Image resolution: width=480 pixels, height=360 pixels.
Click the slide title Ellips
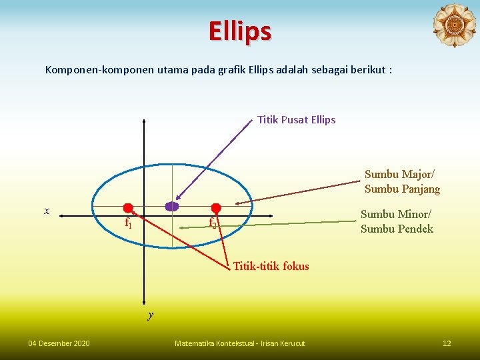pos(239,31)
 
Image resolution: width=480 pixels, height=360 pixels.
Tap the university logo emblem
pos(454,26)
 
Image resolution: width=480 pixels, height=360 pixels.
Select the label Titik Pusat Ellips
pos(296,120)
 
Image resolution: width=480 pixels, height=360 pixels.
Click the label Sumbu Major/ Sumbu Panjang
pos(402,181)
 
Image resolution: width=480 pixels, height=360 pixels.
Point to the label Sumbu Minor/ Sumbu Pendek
pos(397,221)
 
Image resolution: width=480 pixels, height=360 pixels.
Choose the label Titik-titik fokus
pos(271,266)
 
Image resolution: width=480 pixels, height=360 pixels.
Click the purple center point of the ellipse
pos(172,207)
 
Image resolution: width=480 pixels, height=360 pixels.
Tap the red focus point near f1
pos(128,208)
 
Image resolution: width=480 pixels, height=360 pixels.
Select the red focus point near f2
pos(215,208)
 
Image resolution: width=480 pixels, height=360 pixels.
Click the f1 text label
pos(129,223)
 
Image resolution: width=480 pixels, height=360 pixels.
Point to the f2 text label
pos(213,223)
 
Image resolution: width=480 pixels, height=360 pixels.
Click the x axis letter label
pos(47,211)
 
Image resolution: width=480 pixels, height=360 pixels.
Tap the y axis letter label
pos(151,315)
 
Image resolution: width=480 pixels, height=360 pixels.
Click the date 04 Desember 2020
pos(59,343)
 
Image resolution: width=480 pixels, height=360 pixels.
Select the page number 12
pos(447,343)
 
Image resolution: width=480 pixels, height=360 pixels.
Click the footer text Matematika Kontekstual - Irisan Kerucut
pos(239,343)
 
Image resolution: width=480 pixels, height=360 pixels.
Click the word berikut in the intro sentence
pos(368,69)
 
